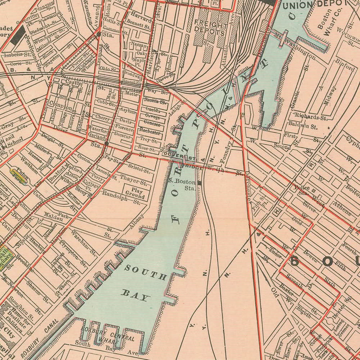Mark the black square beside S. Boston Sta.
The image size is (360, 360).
pos(199,183)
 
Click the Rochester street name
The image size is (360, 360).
pos(150,132)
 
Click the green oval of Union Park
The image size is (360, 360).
pos(18,176)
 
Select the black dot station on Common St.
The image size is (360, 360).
pos(98,35)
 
